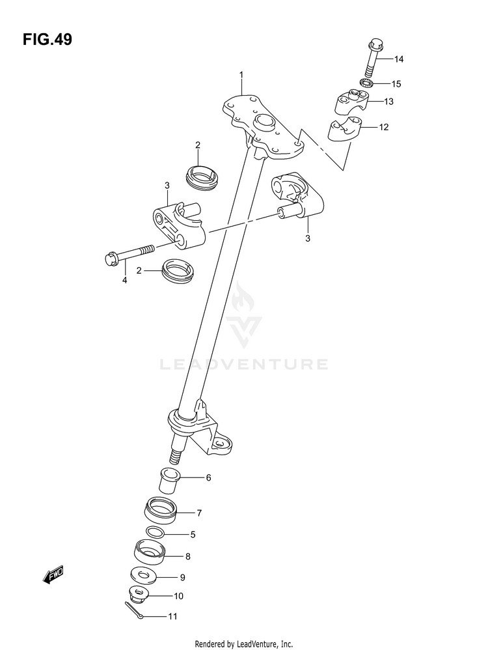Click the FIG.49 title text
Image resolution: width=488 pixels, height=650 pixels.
pos(47,40)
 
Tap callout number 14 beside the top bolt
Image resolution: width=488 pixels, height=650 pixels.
pos(398,60)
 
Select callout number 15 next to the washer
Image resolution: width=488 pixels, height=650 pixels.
pos(396,83)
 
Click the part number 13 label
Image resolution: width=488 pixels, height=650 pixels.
pos(388,102)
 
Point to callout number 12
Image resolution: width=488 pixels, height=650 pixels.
pos(383,127)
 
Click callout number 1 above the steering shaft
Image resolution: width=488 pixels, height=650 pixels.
pos(241,75)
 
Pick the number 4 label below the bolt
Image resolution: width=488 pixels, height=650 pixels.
pos(124,280)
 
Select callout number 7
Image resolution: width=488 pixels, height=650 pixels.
pos(199,513)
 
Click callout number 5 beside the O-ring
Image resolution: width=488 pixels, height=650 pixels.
pos(193,535)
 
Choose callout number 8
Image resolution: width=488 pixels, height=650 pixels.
pos(187,556)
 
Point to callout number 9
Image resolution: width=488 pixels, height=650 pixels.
pos(183,576)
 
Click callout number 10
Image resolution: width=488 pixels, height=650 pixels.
pos(178,595)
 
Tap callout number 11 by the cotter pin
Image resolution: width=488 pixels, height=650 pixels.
pos(172,615)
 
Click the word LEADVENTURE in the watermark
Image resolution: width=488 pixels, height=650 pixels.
pos(244,363)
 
